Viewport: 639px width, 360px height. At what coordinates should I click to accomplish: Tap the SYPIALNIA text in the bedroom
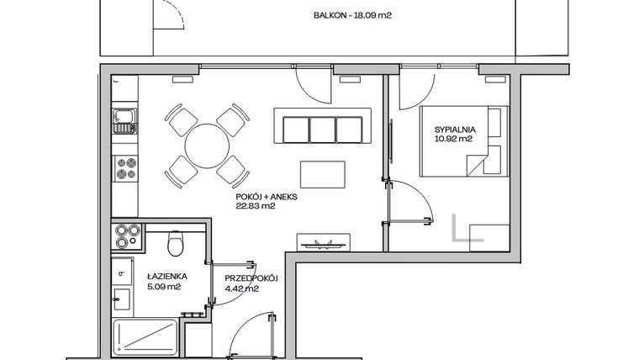pyautogui.click(x=454, y=129)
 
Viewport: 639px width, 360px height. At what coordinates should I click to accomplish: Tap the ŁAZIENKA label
pyautogui.click(x=166, y=275)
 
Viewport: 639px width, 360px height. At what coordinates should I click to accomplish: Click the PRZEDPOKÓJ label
pyautogui.click(x=251, y=278)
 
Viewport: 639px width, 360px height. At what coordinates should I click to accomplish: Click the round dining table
pyautogui.click(x=205, y=145)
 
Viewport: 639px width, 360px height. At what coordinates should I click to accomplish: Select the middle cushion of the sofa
pyautogui.click(x=323, y=130)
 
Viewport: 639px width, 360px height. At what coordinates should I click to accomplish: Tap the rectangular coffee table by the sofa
pyautogui.click(x=322, y=175)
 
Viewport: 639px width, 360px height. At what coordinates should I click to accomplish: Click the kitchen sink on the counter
pyautogui.click(x=125, y=122)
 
